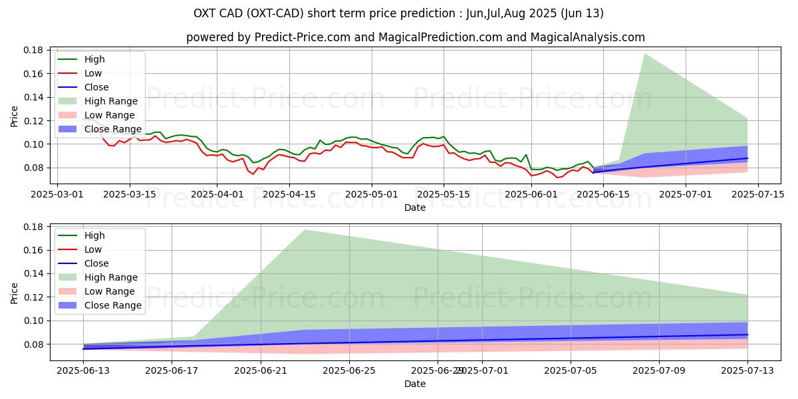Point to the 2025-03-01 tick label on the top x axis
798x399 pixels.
click(x=57, y=194)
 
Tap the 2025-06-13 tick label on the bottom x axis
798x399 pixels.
click(x=83, y=371)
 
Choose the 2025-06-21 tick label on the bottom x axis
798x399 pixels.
click(x=260, y=371)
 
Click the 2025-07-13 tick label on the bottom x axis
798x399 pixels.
click(x=747, y=371)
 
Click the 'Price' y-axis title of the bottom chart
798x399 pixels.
click(x=15, y=293)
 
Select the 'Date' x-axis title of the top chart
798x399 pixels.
click(x=415, y=207)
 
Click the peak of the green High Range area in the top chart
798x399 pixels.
click(x=644, y=53)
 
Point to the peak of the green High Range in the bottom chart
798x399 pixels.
click(x=305, y=230)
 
